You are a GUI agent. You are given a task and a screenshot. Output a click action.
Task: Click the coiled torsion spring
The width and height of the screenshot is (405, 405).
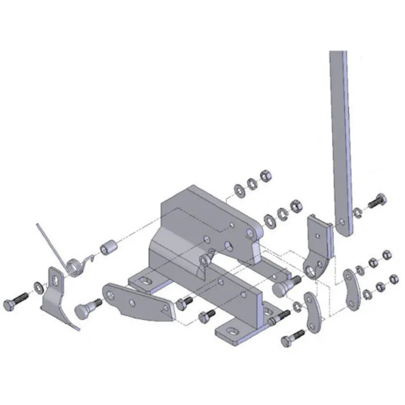(74, 266)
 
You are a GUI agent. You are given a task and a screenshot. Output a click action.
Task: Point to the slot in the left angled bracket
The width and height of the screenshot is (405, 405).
(56, 278)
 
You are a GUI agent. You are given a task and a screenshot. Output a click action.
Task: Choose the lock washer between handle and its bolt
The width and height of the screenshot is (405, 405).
(357, 213)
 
